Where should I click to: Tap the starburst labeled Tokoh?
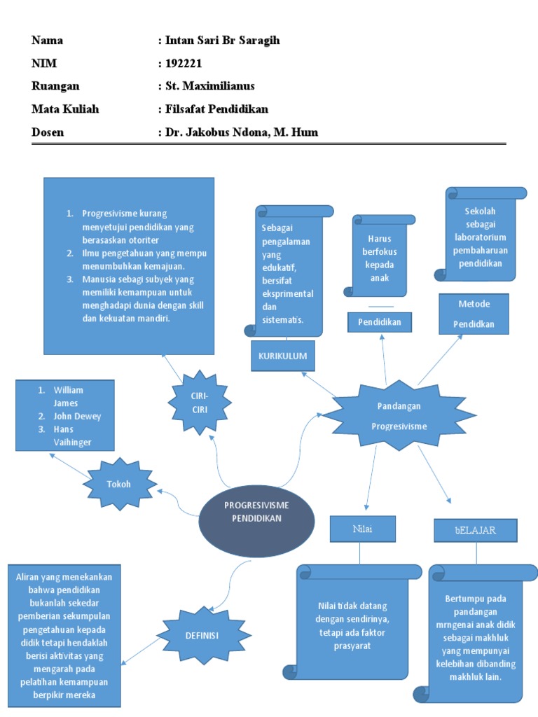click(119, 484)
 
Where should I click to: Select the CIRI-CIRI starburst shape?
click(200, 403)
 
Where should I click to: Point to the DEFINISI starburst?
click(202, 636)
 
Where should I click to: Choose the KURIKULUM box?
click(283, 356)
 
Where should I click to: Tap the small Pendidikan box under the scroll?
click(379, 322)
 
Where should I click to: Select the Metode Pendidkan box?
click(474, 314)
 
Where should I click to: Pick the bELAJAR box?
click(475, 530)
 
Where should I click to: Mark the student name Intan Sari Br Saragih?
click(221, 41)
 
